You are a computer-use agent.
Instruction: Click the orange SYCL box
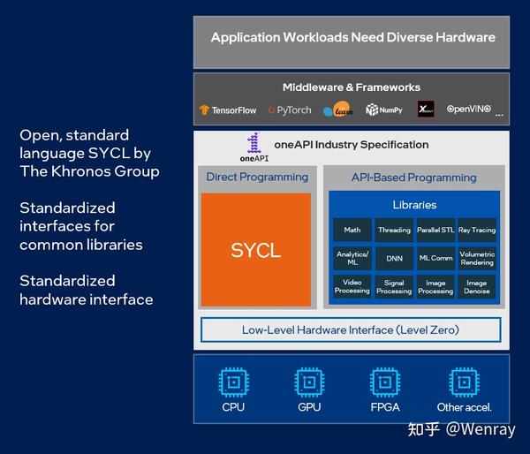[255, 250]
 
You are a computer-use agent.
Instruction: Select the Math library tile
[352, 231]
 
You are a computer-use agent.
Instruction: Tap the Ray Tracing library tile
[477, 231]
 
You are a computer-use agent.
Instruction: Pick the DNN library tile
[394, 259]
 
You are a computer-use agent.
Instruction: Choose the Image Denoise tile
[477, 287]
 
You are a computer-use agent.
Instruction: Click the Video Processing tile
[352, 287]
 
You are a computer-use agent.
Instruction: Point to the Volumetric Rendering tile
[477, 259]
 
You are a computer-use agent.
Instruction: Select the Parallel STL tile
[435, 231]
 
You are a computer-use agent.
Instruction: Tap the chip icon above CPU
[233, 382]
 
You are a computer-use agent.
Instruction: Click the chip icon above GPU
[309, 382]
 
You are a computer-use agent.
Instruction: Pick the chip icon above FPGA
[385, 382]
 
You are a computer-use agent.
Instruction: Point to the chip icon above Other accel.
[464, 382]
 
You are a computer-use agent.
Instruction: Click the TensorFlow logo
[228, 110]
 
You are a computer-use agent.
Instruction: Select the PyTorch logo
[290, 110]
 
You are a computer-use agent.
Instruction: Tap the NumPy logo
[384, 110]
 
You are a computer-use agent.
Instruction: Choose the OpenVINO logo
[468, 110]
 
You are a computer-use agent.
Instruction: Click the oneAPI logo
[254, 147]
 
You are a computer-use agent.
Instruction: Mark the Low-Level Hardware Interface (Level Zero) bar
[351, 330]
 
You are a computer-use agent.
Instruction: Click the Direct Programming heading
[257, 177]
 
